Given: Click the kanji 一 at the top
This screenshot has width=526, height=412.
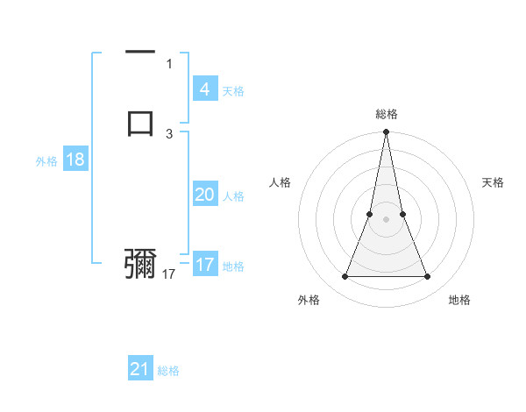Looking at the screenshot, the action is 140,53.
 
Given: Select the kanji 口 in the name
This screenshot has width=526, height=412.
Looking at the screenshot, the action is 140,122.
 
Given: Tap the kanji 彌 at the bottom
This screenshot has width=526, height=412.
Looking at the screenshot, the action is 140,263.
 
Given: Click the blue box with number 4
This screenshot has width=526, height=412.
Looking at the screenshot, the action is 204,89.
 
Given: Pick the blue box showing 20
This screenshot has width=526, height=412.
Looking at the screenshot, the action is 204,195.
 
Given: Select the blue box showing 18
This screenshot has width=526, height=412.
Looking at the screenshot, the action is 75,160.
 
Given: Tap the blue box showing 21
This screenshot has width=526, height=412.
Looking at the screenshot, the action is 140,369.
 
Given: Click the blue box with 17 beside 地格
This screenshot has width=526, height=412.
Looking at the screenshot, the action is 204,265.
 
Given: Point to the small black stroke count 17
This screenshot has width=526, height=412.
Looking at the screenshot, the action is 169,274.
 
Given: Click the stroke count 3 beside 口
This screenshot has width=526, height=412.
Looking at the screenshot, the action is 169,134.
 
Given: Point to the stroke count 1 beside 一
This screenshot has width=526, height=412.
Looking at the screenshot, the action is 169,64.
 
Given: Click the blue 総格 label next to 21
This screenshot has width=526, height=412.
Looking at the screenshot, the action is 168,371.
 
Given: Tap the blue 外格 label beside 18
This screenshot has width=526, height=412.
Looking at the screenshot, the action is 46,161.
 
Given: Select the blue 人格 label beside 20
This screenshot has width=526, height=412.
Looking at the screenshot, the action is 234,196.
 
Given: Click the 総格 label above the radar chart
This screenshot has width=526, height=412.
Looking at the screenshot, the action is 386,114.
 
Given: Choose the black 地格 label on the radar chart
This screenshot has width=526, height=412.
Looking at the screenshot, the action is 459,300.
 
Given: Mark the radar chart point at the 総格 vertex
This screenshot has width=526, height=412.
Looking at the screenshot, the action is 386,132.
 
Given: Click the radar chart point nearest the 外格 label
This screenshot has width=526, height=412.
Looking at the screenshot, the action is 345,277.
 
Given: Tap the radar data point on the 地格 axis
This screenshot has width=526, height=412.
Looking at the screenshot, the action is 428,277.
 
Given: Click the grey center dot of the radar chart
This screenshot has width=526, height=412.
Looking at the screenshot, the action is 386,219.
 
